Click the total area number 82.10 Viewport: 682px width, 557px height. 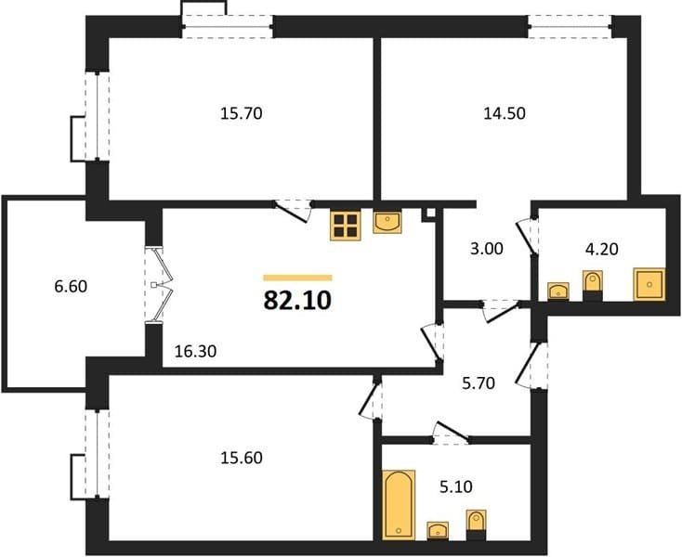[297, 300]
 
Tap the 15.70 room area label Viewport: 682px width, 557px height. [242, 114]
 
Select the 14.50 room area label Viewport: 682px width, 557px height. [505, 113]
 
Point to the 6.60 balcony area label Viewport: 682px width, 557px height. [71, 286]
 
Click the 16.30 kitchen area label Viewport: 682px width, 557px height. [195, 351]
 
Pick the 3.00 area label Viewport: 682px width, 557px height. [487, 249]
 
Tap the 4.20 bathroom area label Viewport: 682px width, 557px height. [602, 250]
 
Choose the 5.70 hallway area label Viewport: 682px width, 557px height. [479, 383]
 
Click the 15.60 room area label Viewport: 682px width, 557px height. [242, 458]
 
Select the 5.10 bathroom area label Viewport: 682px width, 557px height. [456, 487]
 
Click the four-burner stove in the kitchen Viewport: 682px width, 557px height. [346, 226]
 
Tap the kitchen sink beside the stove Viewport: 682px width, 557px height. [387, 221]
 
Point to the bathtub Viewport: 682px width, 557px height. [399, 505]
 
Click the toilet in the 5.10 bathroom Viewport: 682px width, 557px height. [476, 525]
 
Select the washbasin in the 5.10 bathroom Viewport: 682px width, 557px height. [438, 530]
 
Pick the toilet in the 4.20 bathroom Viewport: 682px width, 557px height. [593, 286]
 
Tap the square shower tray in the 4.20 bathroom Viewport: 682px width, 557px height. [649, 284]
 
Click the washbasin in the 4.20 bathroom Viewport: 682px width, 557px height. [558, 291]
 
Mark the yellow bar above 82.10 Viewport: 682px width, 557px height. [298, 278]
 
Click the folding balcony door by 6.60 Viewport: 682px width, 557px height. [159, 285]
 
